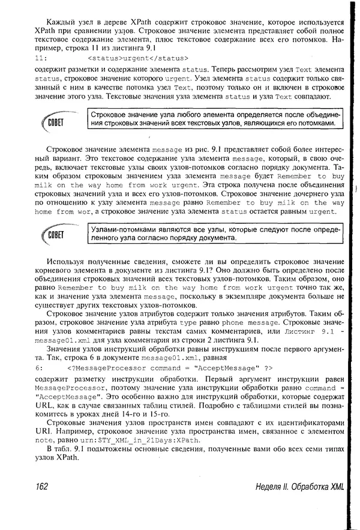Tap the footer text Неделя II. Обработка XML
tap(299, 487)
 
